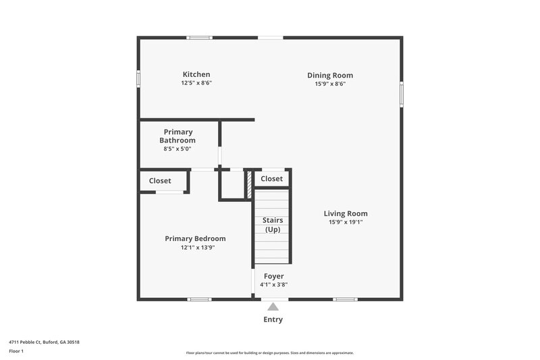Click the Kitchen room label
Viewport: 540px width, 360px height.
point(196,74)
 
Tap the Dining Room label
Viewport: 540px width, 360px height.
point(330,76)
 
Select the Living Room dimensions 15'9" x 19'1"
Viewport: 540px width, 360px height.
point(346,222)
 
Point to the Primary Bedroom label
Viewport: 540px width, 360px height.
point(196,238)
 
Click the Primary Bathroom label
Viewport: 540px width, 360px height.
point(178,136)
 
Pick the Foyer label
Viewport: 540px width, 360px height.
point(273,276)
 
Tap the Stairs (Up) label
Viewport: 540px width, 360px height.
point(273,225)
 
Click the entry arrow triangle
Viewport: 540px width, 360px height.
point(273,306)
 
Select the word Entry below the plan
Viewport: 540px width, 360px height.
point(273,319)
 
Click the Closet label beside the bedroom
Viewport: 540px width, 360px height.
point(160,181)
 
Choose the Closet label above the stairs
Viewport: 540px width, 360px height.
point(272,179)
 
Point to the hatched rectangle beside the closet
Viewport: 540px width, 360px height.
point(248,179)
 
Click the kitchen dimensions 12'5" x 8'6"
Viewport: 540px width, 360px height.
point(196,83)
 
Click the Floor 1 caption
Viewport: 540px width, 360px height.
point(16,352)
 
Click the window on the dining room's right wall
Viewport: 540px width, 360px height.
point(402,94)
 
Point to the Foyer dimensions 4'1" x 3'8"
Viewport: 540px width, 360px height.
point(273,285)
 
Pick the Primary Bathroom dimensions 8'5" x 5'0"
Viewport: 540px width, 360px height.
point(178,149)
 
